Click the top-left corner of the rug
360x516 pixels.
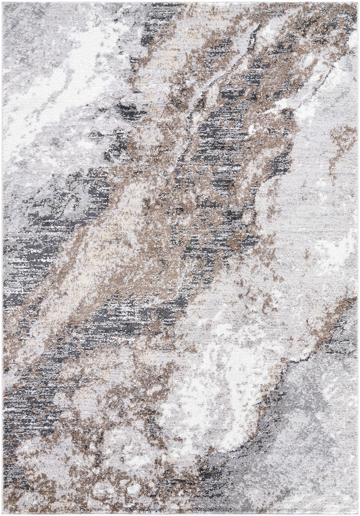pos(3,3)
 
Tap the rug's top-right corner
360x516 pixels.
pos(357,3)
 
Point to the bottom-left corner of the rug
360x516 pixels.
pos(3,513)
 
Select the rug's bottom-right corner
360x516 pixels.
pos(357,513)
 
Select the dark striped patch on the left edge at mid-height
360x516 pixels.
pos(29,255)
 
